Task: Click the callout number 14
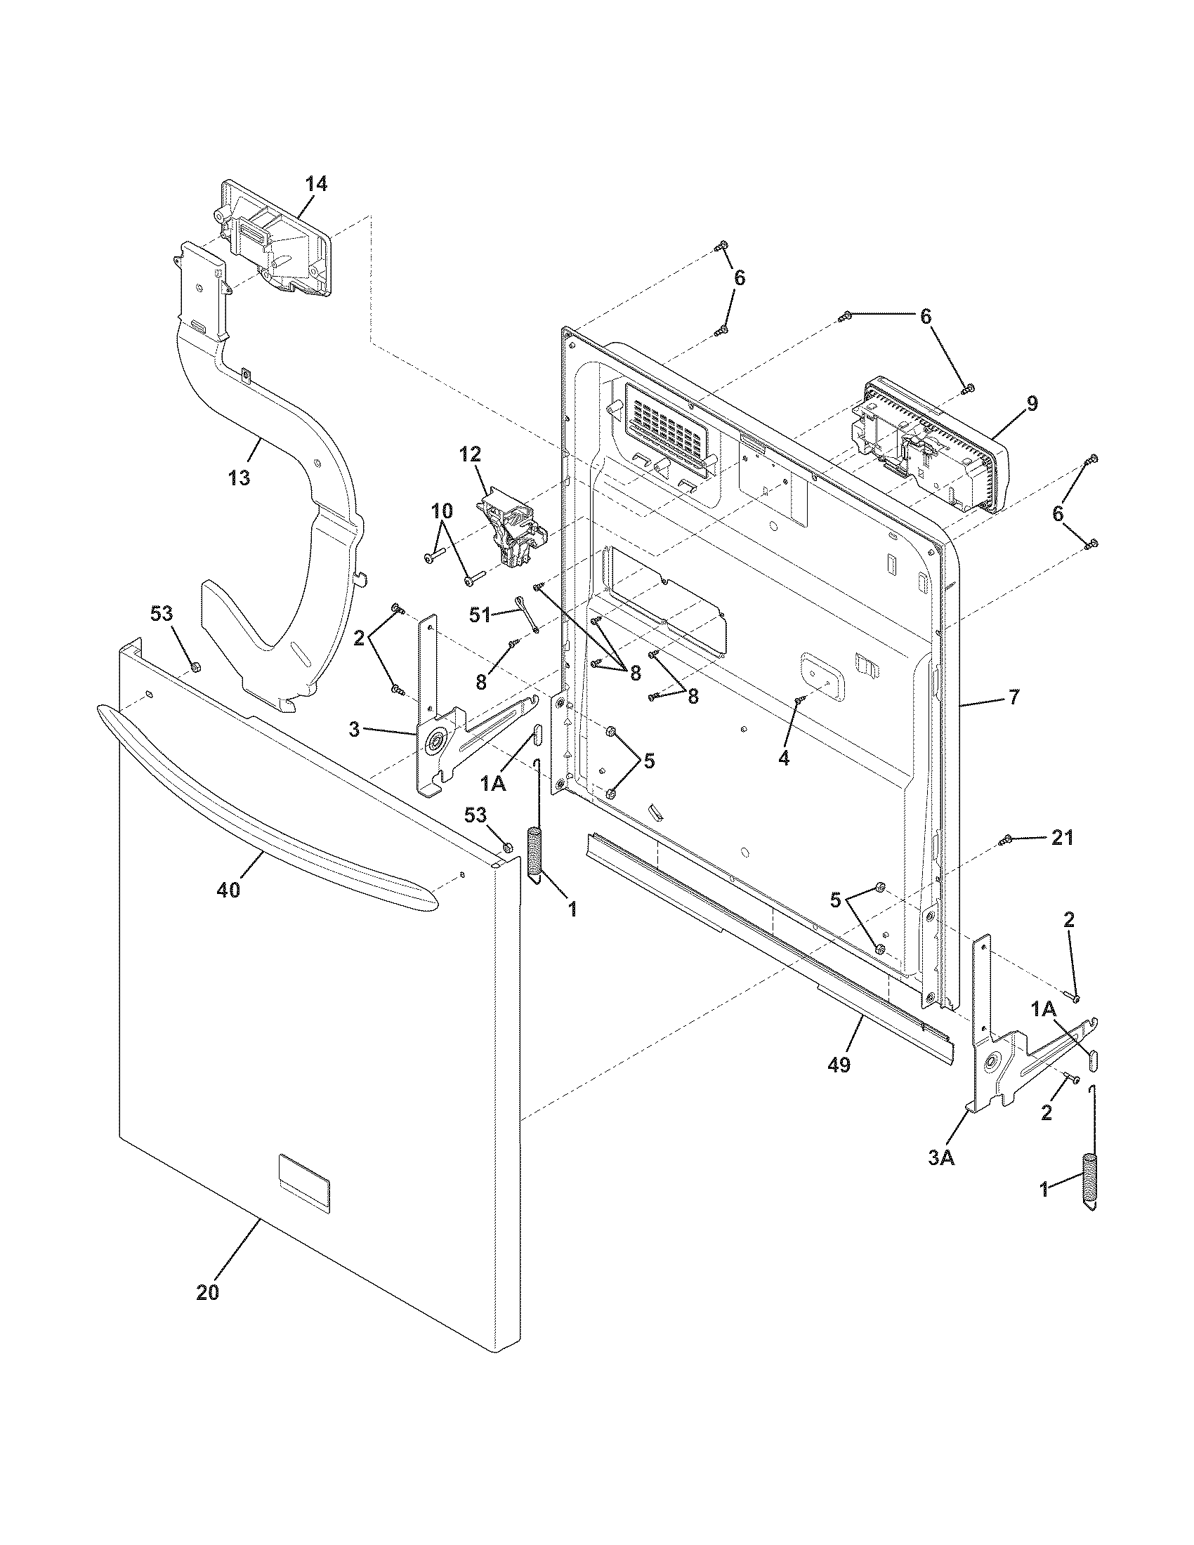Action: click(x=316, y=184)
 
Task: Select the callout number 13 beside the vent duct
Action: click(x=239, y=478)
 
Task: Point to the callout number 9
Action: click(x=1032, y=404)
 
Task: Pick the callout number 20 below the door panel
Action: click(x=207, y=1292)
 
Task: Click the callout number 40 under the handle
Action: click(x=228, y=890)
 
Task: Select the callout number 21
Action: click(x=1062, y=839)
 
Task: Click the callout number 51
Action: click(x=480, y=614)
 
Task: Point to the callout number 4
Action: click(x=783, y=758)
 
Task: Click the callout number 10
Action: click(x=441, y=511)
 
